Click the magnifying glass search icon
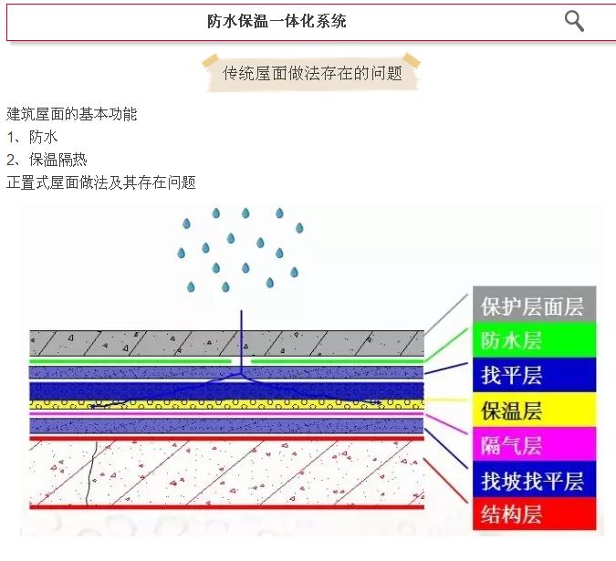(x=574, y=21)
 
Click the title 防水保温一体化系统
(x=277, y=21)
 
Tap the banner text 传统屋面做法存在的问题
(x=312, y=73)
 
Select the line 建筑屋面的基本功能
(x=72, y=114)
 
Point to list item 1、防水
(x=32, y=137)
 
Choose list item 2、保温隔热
(x=47, y=160)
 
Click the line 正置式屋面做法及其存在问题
(x=101, y=182)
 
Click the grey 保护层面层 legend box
(x=532, y=306)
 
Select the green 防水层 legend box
(x=532, y=340)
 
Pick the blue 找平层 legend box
(x=532, y=375)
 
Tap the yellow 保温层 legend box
(x=532, y=410)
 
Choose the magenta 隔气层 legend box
(x=532, y=445)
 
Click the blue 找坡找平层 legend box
(x=532, y=481)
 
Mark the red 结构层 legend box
(x=532, y=514)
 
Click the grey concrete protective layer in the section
(x=137, y=343)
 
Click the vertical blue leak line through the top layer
(x=241, y=338)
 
